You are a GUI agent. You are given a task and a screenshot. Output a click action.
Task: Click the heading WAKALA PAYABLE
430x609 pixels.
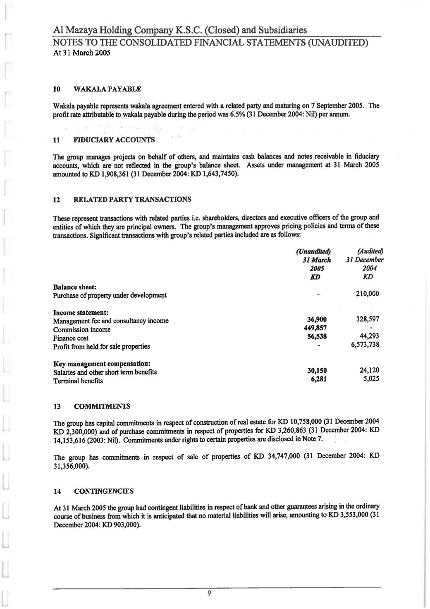pyautogui.click(x=107, y=89)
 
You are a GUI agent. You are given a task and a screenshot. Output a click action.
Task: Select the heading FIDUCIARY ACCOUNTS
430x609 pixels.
pyautogui.click(x=114, y=140)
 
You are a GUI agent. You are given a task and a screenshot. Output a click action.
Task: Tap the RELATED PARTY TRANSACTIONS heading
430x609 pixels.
pyautogui.click(x=132, y=200)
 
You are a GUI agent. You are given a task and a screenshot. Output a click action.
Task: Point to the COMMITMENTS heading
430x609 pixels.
pyautogui.click(x=102, y=406)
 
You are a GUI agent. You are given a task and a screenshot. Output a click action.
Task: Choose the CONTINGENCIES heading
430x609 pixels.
pyautogui.click(x=104, y=491)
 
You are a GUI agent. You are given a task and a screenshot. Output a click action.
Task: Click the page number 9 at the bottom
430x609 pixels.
pyautogui.click(x=209, y=593)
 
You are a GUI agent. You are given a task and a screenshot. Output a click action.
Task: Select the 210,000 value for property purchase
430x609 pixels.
pyautogui.click(x=367, y=294)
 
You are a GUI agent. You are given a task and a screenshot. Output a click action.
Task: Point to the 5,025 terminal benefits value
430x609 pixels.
pyautogui.click(x=371, y=379)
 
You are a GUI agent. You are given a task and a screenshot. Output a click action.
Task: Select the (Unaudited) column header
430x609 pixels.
pyautogui.click(x=314, y=252)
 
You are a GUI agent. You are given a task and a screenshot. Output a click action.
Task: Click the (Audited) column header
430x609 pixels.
pyautogui.click(x=370, y=251)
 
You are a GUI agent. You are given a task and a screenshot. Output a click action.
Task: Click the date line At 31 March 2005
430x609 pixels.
pyautogui.click(x=82, y=53)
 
